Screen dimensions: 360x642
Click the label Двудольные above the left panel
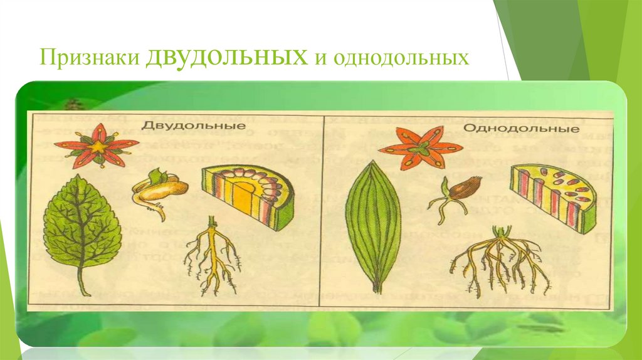coord(192,125)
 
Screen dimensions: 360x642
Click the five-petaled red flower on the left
coord(97,146)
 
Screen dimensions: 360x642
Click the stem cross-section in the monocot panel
coord(552,194)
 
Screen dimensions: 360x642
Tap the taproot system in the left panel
coord(212,257)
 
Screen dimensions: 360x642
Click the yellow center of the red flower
coord(98,146)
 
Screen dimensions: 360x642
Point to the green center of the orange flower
coord(422,148)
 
